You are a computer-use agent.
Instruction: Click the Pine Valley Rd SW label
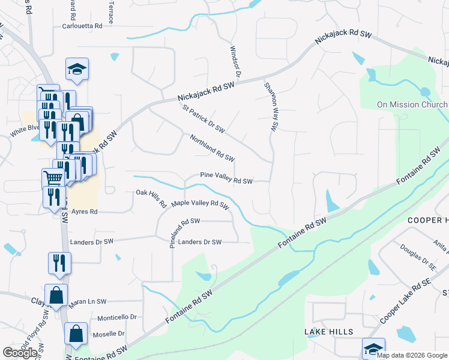click(226, 180)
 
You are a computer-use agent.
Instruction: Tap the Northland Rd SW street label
click(212, 148)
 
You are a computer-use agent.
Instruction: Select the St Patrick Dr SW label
click(203, 119)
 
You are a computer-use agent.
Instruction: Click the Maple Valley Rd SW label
click(200, 204)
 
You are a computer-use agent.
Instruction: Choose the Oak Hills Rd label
click(151, 199)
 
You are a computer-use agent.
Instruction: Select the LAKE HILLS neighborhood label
click(328, 332)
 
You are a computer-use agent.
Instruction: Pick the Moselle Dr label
click(108, 334)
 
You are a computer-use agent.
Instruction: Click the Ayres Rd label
click(84, 212)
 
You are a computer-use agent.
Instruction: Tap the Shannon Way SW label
click(271, 106)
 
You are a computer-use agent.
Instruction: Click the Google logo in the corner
click(21, 353)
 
